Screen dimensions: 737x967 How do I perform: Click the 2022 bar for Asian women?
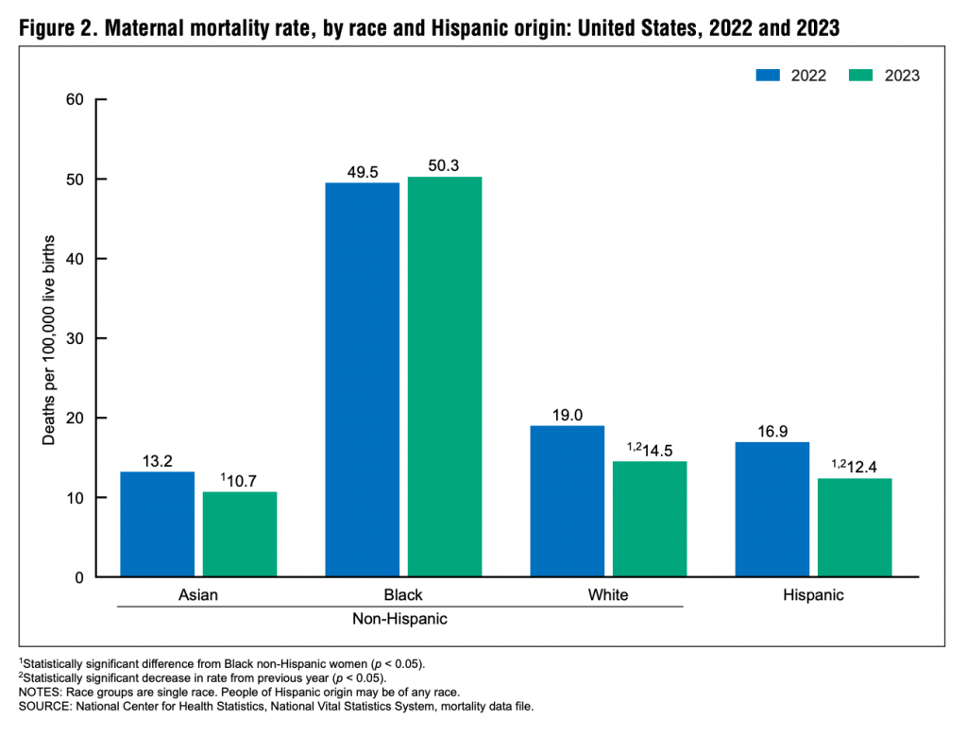tap(158, 524)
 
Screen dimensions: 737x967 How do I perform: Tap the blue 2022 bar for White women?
tap(568, 501)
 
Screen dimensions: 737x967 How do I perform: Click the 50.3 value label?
tap(444, 166)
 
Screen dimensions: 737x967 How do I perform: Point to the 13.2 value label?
tap(157, 461)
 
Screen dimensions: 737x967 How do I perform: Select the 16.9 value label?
tap(772, 432)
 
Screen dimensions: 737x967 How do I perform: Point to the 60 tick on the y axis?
tap(75, 100)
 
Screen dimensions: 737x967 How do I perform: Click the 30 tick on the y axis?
tap(75, 338)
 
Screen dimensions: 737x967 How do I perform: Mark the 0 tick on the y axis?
tap(79, 577)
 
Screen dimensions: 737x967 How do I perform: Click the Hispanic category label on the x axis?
tap(813, 595)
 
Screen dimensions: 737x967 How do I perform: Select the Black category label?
tap(403, 595)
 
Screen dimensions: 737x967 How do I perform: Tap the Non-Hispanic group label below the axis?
tap(399, 620)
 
